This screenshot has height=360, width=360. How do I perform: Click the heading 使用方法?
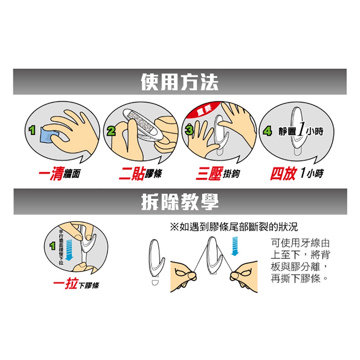[180, 82]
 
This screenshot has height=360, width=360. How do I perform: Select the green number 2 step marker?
[112, 132]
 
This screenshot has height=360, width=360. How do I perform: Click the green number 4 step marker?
[267, 132]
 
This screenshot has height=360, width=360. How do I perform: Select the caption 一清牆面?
[59, 174]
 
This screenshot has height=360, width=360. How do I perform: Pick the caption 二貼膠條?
[140, 174]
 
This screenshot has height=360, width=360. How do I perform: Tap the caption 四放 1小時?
[297, 174]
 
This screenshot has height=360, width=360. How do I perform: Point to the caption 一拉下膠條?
[76, 285]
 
